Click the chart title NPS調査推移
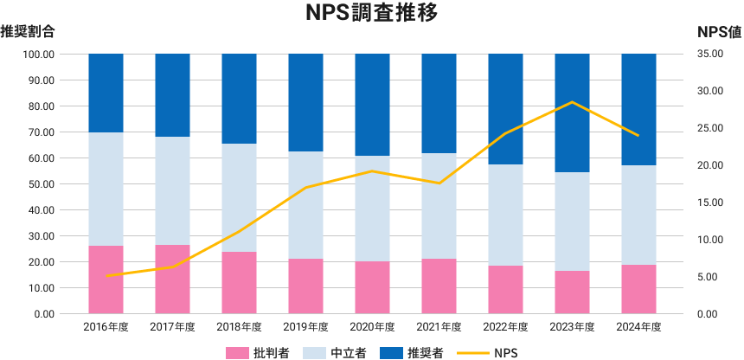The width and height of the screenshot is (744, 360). pyautogui.click(x=371, y=13)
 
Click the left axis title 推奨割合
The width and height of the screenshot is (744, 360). pyautogui.click(x=28, y=33)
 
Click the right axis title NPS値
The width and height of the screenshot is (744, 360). pyautogui.click(x=719, y=33)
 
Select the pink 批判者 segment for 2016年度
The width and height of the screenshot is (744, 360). pyautogui.click(x=106, y=280)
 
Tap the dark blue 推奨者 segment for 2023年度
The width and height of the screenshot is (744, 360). pyautogui.click(x=572, y=112)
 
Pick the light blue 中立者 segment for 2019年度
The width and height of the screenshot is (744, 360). pyautogui.click(x=305, y=205)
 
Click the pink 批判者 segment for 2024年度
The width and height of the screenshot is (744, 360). pyautogui.click(x=638, y=289)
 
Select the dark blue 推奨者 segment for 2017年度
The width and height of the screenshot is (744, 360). pyautogui.click(x=172, y=95)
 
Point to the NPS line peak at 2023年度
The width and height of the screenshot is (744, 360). pyautogui.click(x=572, y=102)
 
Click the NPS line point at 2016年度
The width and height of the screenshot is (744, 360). pyautogui.click(x=106, y=275)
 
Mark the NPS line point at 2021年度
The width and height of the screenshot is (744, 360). pyautogui.click(x=439, y=183)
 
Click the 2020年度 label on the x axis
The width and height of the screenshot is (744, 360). pyautogui.click(x=372, y=327)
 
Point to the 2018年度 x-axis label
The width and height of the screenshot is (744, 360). pyautogui.click(x=239, y=327)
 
